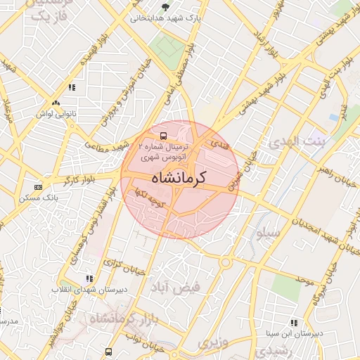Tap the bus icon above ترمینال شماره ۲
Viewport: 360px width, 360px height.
click(163, 134)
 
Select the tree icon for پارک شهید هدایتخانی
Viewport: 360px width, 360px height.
click(165, 7)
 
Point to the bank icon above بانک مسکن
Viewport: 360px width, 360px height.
click(37, 186)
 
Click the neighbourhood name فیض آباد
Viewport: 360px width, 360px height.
click(175, 286)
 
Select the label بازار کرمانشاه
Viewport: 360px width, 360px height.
click(120, 320)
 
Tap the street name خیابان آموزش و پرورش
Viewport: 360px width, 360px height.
click(122, 94)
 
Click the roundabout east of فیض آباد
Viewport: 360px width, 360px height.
click(226, 263)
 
